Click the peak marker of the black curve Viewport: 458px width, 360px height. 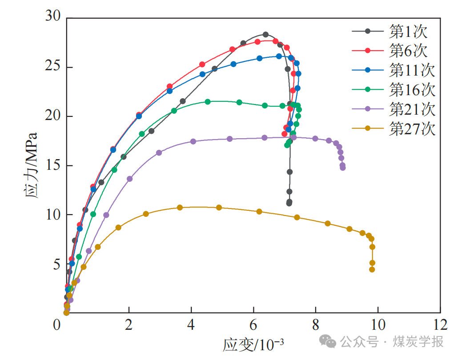[266, 35]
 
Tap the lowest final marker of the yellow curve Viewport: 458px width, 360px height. [372, 269]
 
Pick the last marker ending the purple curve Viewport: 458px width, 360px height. [342, 168]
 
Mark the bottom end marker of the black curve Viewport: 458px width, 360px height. [289, 203]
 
